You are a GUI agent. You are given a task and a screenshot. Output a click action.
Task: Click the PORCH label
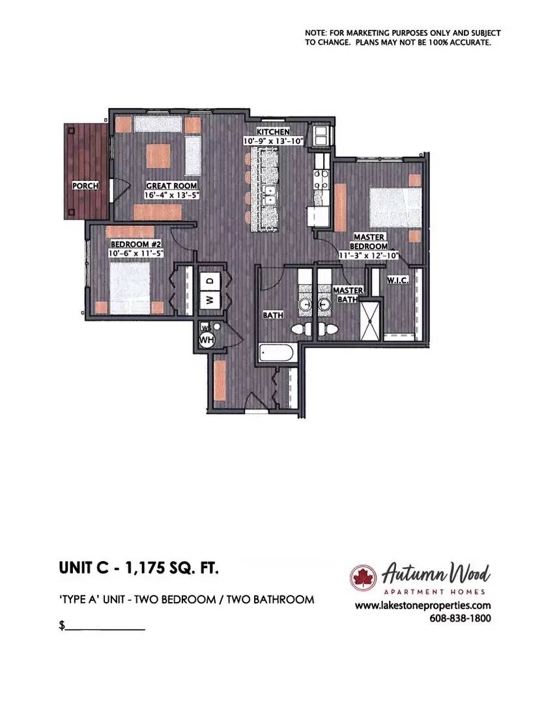(x=85, y=186)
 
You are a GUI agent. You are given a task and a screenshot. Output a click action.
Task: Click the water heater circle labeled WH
(x=206, y=340)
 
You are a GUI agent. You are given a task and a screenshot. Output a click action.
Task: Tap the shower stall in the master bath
(x=371, y=319)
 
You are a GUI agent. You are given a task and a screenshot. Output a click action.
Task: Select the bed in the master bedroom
(x=394, y=208)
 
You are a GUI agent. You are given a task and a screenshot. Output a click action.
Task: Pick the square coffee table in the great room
(x=158, y=154)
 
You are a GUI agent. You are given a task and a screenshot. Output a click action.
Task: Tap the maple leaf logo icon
(x=360, y=577)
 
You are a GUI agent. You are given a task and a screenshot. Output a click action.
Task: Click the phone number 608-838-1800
(x=461, y=618)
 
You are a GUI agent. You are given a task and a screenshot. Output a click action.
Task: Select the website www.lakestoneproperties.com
(x=423, y=606)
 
